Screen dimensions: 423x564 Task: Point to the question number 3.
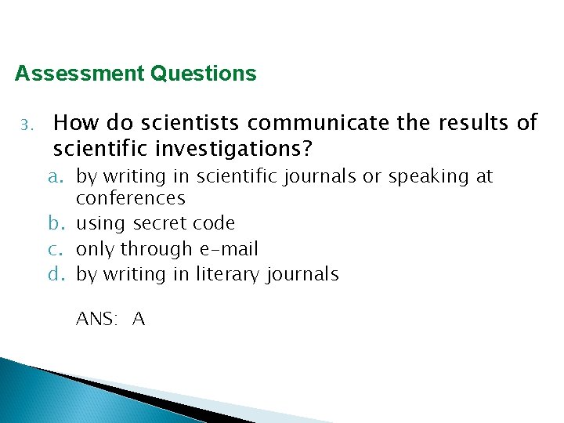pos(25,125)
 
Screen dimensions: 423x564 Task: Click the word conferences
pos(131,198)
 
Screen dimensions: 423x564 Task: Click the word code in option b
pos(213,223)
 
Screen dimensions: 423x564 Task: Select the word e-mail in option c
pos(229,249)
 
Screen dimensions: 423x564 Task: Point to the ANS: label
pos(98,319)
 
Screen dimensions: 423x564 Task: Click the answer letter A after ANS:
pos(139,319)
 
